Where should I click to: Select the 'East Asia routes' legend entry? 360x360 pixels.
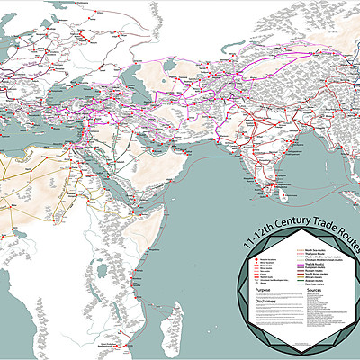tap(312, 284)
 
